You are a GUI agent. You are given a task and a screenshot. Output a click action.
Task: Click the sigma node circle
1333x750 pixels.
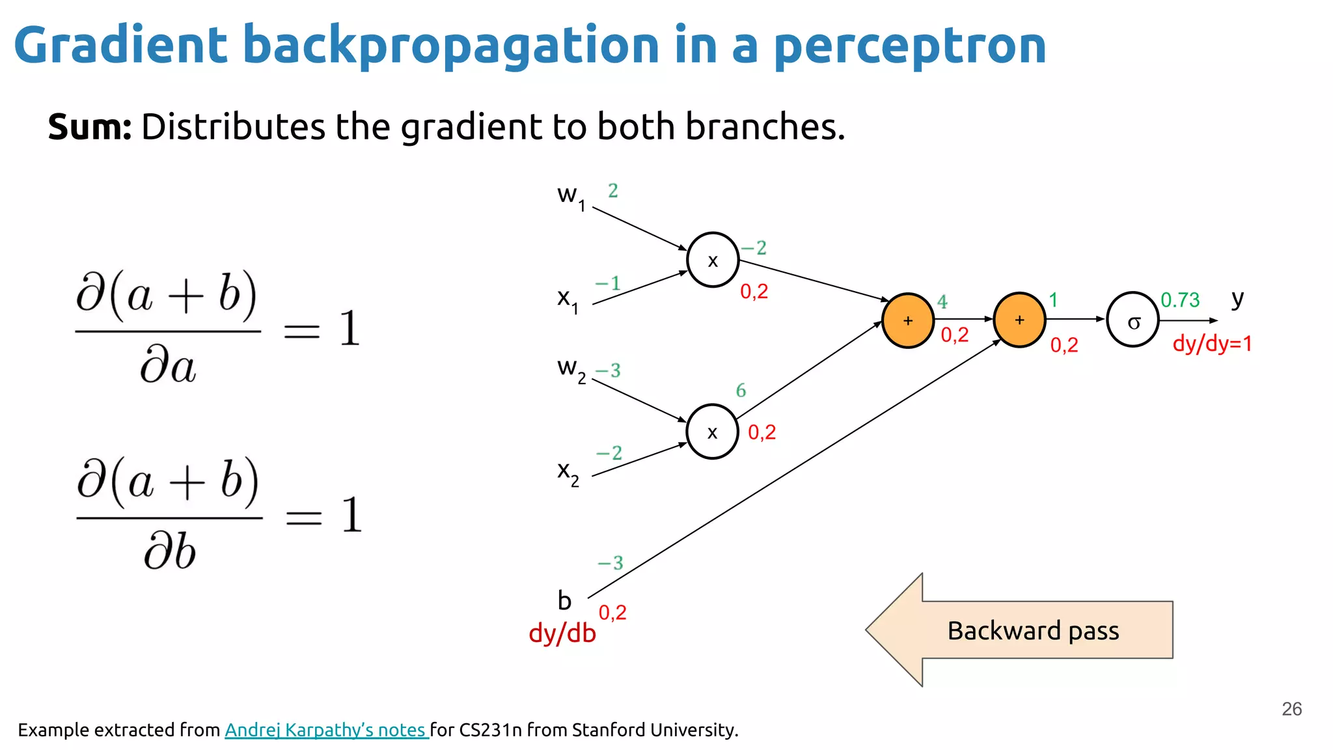(x=1133, y=320)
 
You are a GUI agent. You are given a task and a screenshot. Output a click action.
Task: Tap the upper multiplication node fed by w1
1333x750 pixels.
(x=713, y=260)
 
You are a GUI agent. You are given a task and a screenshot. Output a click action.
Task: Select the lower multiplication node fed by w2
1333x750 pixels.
(x=712, y=432)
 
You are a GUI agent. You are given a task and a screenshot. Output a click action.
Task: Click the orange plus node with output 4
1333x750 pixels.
(x=908, y=320)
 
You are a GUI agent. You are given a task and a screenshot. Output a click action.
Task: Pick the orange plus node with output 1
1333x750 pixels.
(x=1019, y=320)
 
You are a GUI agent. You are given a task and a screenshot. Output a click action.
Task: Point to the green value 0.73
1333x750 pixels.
(x=1179, y=300)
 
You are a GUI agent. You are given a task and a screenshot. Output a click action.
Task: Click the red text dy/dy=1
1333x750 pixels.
(x=1212, y=343)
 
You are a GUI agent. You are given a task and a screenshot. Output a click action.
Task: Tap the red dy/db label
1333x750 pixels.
(x=562, y=633)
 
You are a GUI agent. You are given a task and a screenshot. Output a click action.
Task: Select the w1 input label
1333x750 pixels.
(x=571, y=196)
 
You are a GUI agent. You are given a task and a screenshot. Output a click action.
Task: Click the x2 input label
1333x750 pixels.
(x=568, y=471)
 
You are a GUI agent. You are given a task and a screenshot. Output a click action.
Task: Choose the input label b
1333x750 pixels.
(x=564, y=600)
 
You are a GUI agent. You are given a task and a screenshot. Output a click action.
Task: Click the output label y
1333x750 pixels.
(x=1237, y=299)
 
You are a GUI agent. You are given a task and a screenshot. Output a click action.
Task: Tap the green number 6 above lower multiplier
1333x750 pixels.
(x=741, y=390)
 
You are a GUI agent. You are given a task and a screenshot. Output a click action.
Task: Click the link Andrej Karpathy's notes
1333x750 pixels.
(x=326, y=730)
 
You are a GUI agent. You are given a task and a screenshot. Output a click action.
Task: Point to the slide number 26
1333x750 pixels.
(x=1291, y=708)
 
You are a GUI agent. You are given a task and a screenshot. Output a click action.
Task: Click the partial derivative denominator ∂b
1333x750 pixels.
(x=170, y=552)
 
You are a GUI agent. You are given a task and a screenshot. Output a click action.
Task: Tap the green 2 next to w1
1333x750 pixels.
(x=612, y=190)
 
